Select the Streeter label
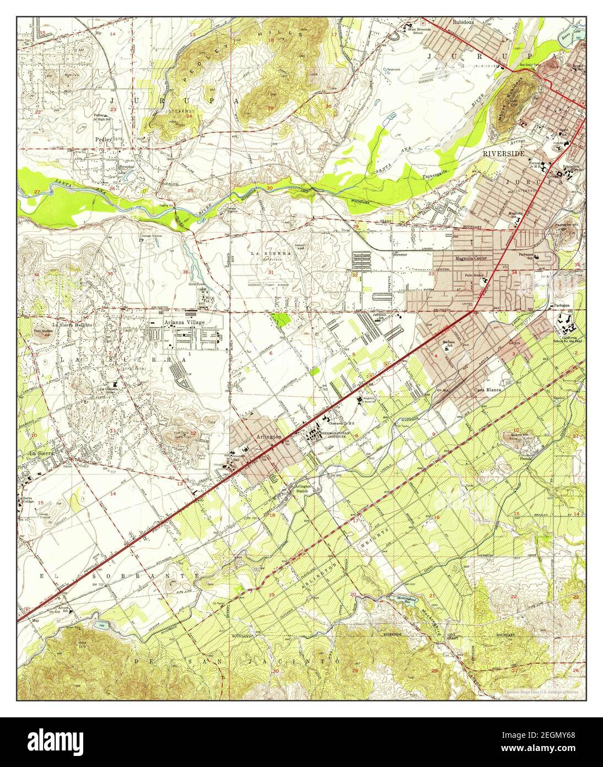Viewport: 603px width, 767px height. coord(400,255)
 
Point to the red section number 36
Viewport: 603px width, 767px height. coord(186,272)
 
